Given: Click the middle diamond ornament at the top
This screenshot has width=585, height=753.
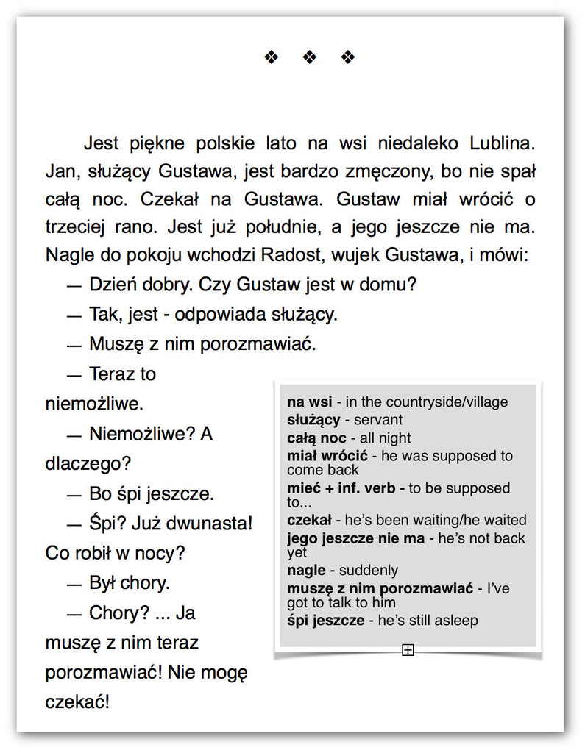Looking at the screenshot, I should tap(310, 57).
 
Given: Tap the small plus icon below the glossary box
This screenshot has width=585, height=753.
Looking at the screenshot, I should tap(408, 649).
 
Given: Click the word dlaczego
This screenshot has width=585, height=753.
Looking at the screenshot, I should tap(85, 464).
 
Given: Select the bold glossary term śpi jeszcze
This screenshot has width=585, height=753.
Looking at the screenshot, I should tap(325, 620).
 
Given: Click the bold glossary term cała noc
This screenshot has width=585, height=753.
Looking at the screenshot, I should tap(316, 438).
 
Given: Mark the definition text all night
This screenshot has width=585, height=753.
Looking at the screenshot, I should tap(385, 438).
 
